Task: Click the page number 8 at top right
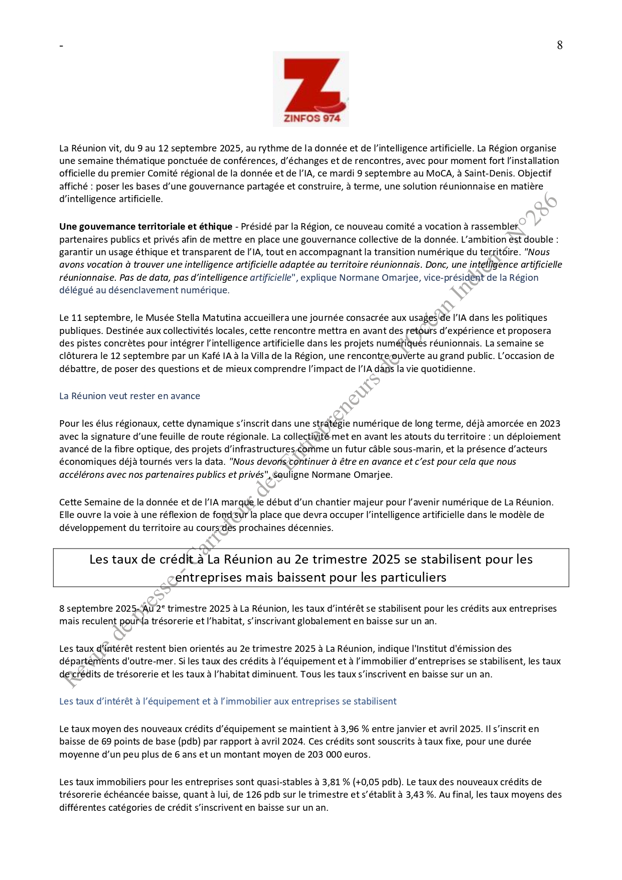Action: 560,45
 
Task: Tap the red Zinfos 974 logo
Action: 310,89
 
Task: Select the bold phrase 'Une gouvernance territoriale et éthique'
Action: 145,227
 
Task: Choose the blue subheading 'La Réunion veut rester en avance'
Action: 129,396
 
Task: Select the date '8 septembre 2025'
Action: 95,609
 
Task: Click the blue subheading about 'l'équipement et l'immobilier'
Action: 228,701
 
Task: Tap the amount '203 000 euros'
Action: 342,754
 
